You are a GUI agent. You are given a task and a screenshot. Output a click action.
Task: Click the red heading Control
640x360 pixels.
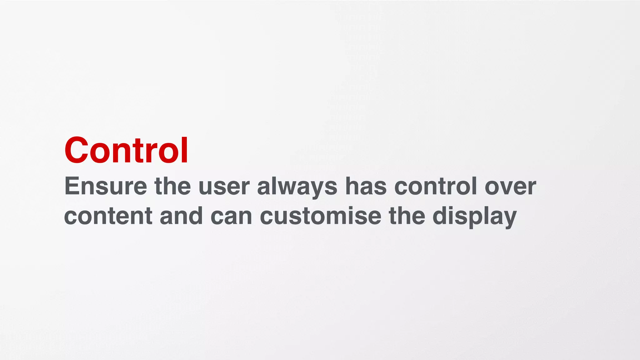(x=126, y=150)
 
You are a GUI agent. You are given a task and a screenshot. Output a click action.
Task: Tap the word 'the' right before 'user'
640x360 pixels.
(x=172, y=186)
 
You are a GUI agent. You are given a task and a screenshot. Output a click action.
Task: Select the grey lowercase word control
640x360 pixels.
(x=436, y=186)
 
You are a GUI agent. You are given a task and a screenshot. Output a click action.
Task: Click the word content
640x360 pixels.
(x=108, y=216)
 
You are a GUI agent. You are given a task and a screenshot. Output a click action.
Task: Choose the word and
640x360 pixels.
(x=181, y=216)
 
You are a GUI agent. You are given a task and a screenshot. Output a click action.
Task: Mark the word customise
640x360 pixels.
(x=321, y=216)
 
